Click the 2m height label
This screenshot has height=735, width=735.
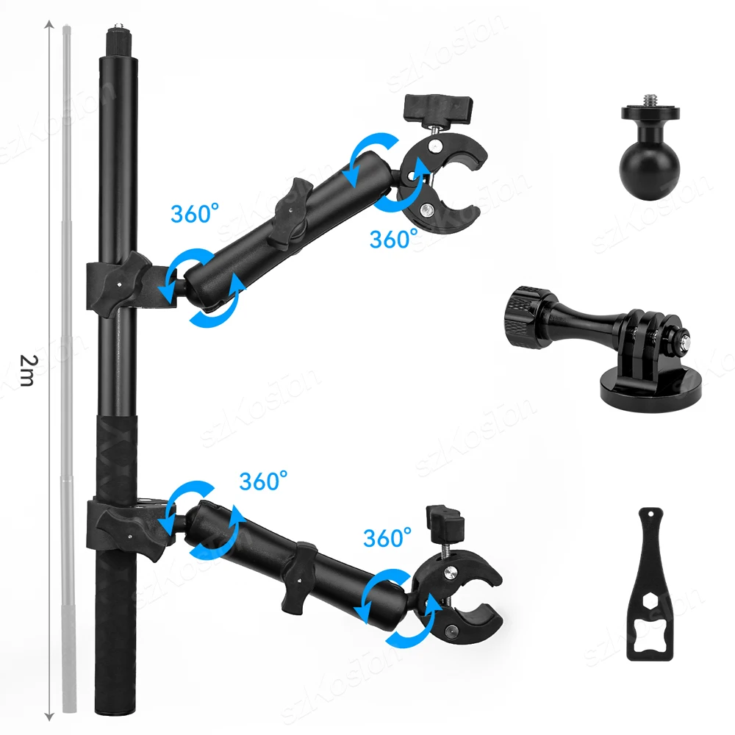[26, 370]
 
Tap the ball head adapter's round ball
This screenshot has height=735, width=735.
[649, 170]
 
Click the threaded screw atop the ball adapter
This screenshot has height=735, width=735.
[650, 100]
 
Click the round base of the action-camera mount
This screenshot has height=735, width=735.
[650, 384]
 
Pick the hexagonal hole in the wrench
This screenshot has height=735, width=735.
[650, 600]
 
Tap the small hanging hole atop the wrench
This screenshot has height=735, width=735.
[650, 514]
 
